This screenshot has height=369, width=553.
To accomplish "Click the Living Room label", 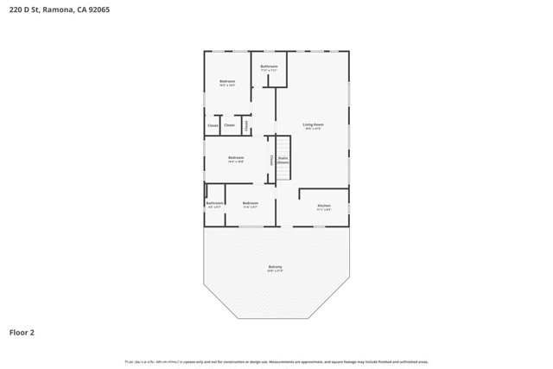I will (312, 124).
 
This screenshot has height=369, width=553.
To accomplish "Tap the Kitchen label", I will (324, 206).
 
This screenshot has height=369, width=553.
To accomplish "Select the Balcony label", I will (275, 267).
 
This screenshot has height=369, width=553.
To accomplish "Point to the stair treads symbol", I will (282, 169).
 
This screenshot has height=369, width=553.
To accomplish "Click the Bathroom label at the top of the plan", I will (270, 66).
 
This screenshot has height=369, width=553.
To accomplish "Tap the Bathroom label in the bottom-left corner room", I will (214, 203).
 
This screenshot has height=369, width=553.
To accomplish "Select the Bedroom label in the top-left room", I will (226, 81).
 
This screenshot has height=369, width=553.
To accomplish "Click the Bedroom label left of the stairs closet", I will (235, 157).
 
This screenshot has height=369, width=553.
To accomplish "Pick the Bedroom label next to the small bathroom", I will (250, 203).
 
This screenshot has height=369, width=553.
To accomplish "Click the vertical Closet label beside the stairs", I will (271, 159).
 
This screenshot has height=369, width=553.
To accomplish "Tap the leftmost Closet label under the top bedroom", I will (213, 126).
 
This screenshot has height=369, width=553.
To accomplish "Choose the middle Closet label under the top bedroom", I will (229, 126).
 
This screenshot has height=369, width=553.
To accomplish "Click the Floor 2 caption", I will (22, 332).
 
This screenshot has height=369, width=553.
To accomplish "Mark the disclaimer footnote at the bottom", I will (276, 361).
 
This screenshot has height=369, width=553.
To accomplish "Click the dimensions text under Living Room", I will (312, 129).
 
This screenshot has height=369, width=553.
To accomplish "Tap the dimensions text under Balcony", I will (275, 271).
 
